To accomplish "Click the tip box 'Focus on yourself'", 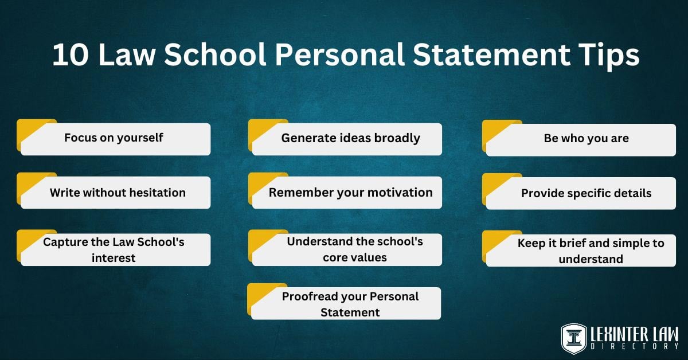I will (115, 138).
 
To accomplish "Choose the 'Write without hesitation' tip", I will (117, 193).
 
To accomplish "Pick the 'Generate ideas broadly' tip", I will (350, 138).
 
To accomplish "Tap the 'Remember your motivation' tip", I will (350, 193).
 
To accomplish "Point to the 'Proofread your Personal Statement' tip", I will (350, 304).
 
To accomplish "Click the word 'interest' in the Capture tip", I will (114, 258).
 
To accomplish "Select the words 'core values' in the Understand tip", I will (354, 257).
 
